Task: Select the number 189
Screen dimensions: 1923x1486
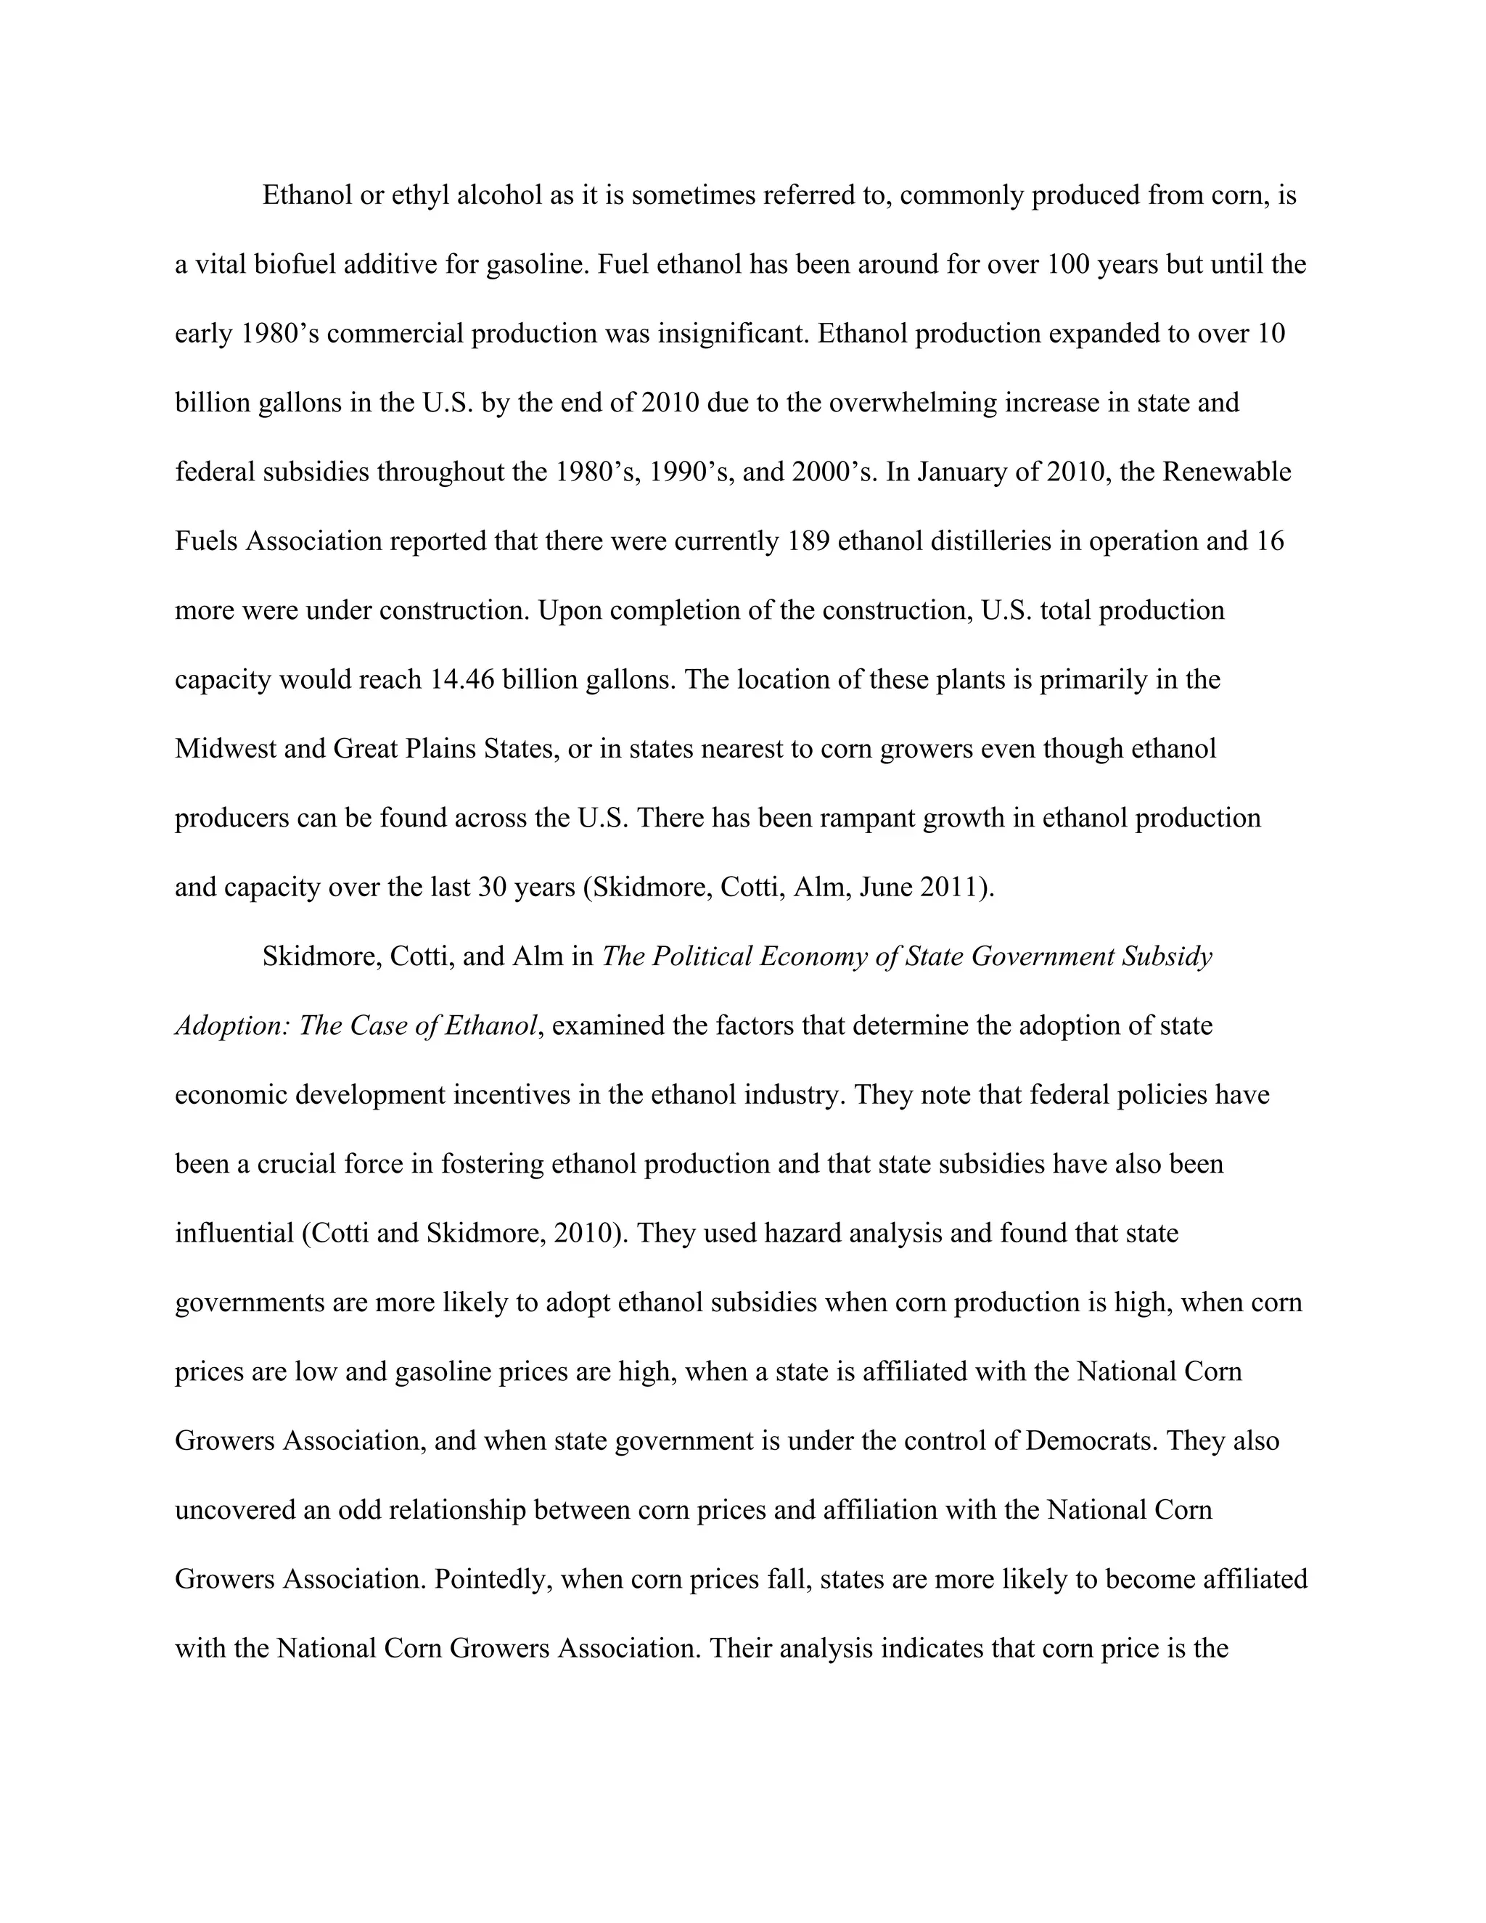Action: coord(808,541)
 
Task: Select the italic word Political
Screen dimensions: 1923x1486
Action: coord(701,957)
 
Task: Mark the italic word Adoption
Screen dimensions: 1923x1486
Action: coord(232,1027)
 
